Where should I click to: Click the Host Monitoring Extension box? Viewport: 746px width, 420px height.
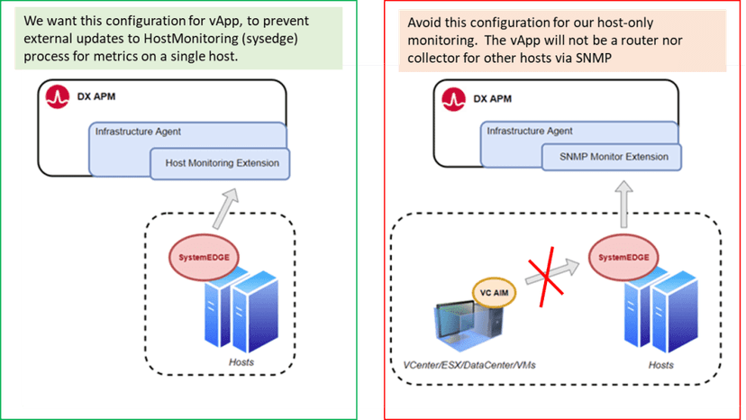[222, 163]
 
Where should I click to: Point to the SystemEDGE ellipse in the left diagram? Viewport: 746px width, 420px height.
[199, 258]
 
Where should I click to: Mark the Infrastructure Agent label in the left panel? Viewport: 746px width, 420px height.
[138, 132]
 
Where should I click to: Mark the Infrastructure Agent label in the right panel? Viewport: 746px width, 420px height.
[530, 131]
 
